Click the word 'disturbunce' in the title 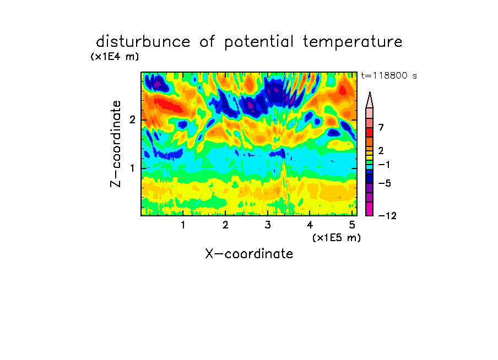point(143,42)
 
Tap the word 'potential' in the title point(259,42)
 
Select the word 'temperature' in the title point(353,42)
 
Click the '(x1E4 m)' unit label point(115,57)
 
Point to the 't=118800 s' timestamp point(389,75)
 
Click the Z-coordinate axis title point(116,144)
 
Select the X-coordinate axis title point(249,254)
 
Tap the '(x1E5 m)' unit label point(337,237)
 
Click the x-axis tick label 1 point(183,225)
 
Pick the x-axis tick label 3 point(268,225)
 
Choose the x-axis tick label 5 point(352,225)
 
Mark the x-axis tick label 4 point(310,225)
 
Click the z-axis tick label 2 point(132,120)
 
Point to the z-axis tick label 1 point(132,168)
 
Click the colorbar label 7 point(381,128)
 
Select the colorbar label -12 point(387,216)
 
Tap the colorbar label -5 point(385,183)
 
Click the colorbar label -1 point(385,165)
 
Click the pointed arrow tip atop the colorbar point(370,92)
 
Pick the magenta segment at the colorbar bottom point(370,209)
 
